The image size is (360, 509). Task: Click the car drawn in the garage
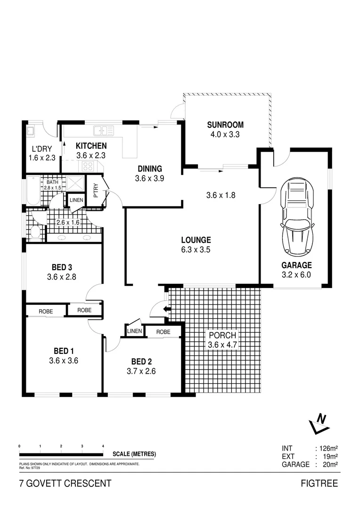coord(297,218)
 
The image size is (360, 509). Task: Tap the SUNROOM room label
coord(225,125)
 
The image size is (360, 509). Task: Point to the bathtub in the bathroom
coord(33,190)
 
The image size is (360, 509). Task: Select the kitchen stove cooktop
coord(89,166)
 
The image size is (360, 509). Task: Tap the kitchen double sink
coord(103,131)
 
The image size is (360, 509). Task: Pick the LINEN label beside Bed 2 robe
coord(134,332)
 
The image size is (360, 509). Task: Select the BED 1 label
coord(63,351)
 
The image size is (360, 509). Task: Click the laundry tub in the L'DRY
coord(30,131)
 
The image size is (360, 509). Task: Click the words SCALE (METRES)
coord(134,454)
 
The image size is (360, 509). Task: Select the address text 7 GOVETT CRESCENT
coord(65,483)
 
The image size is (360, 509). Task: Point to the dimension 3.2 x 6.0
coord(296,275)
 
